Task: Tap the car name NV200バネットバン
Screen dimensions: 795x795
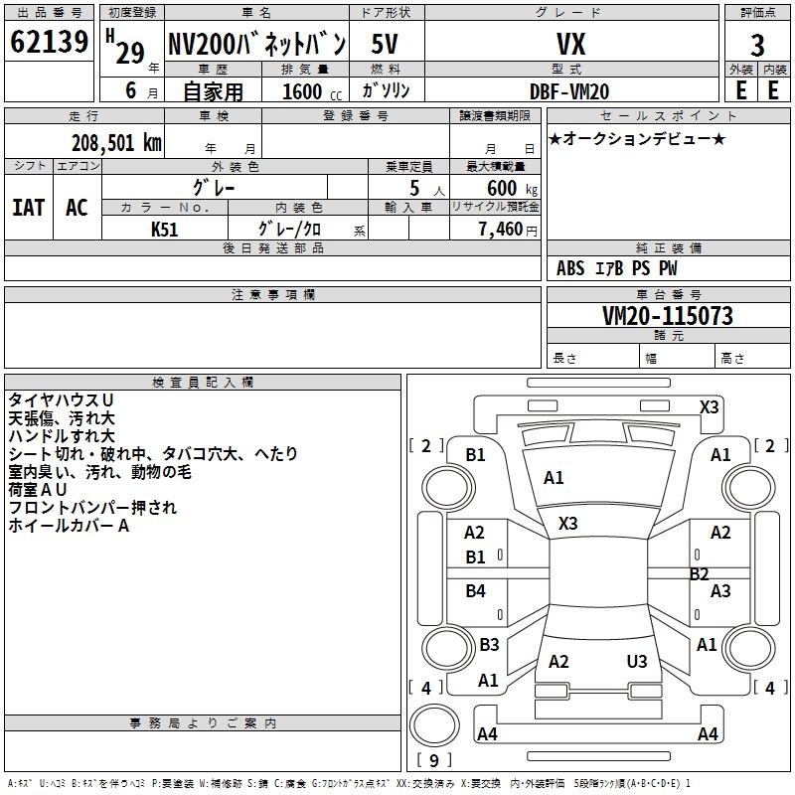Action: [256, 44]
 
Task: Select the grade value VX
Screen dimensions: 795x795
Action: [570, 45]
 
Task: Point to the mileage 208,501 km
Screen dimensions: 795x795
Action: [116, 142]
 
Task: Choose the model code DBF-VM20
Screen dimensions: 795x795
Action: [569, 90]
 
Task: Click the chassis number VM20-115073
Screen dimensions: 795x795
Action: [668, 316]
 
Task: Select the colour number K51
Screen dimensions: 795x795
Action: [165, 229]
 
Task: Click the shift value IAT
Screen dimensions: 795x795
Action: [28, 208]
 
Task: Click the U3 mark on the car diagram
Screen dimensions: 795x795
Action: [637, 662]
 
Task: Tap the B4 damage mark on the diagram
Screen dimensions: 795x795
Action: [476, 591]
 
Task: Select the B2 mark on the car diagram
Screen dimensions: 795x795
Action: [700, 573]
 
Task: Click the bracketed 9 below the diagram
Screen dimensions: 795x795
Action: [433, 761]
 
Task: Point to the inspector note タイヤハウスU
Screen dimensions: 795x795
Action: [61, 400]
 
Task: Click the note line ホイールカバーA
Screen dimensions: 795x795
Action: [69, 526]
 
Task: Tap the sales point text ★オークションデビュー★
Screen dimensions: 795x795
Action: [637, 138]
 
